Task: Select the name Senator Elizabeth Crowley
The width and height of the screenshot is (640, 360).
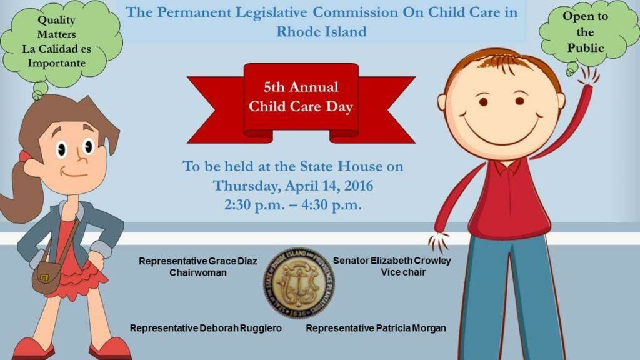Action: pyautogui.click(x=392, y=261)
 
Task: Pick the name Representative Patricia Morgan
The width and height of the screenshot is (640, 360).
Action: pyautogui.click(x=376, y=328)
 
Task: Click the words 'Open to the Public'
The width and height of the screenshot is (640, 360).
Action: pyautogui.click(x=586, y=32)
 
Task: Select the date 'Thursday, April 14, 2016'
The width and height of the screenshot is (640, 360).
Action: pyautogui.click(x=293, y=186)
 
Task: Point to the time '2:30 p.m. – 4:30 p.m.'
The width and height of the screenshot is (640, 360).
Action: pyautogui.click(x=293, y=204)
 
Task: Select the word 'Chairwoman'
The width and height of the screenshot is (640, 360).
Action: pyautogui.click(x=198, y=273)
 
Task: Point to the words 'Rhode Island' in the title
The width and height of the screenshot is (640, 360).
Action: pyautogui.click(x=321, y=31)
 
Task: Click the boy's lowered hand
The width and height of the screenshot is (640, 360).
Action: pyautogui.click(x=439, y=241)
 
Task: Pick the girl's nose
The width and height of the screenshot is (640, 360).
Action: pyautogui.click(x=80, y=156)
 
